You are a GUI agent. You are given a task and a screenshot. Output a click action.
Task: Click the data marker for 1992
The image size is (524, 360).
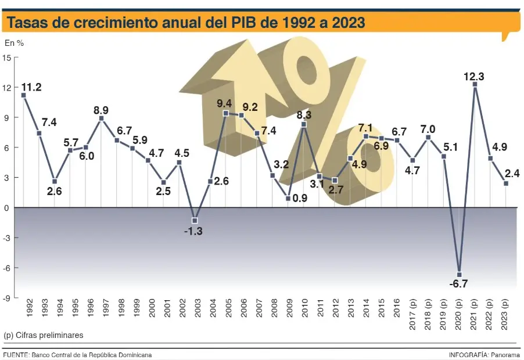click(x=23, y=95)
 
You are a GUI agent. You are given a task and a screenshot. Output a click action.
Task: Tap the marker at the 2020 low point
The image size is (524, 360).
click(x=460, y=274)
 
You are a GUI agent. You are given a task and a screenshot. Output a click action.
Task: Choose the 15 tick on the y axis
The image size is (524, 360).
click(x=7, y=57)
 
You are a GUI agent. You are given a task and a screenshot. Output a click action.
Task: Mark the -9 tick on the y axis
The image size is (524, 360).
click(x=7, y=298)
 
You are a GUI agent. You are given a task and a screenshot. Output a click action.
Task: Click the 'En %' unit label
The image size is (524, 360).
click(x=14, y=42)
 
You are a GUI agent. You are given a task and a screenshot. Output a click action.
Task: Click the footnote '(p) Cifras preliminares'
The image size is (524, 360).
click(x=44, y=336)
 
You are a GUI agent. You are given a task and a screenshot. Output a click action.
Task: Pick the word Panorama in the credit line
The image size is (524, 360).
click(x=506, y=354)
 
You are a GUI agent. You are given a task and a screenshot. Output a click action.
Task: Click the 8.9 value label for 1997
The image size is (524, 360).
click(x=101, y=110)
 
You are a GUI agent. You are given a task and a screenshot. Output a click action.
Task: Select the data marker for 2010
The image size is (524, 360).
click(x=304, y=124)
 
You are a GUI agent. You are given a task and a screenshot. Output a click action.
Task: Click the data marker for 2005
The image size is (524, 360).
click(x=226, y=113)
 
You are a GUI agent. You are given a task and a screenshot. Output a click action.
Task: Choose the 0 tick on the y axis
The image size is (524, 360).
click(x=7, y=208)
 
